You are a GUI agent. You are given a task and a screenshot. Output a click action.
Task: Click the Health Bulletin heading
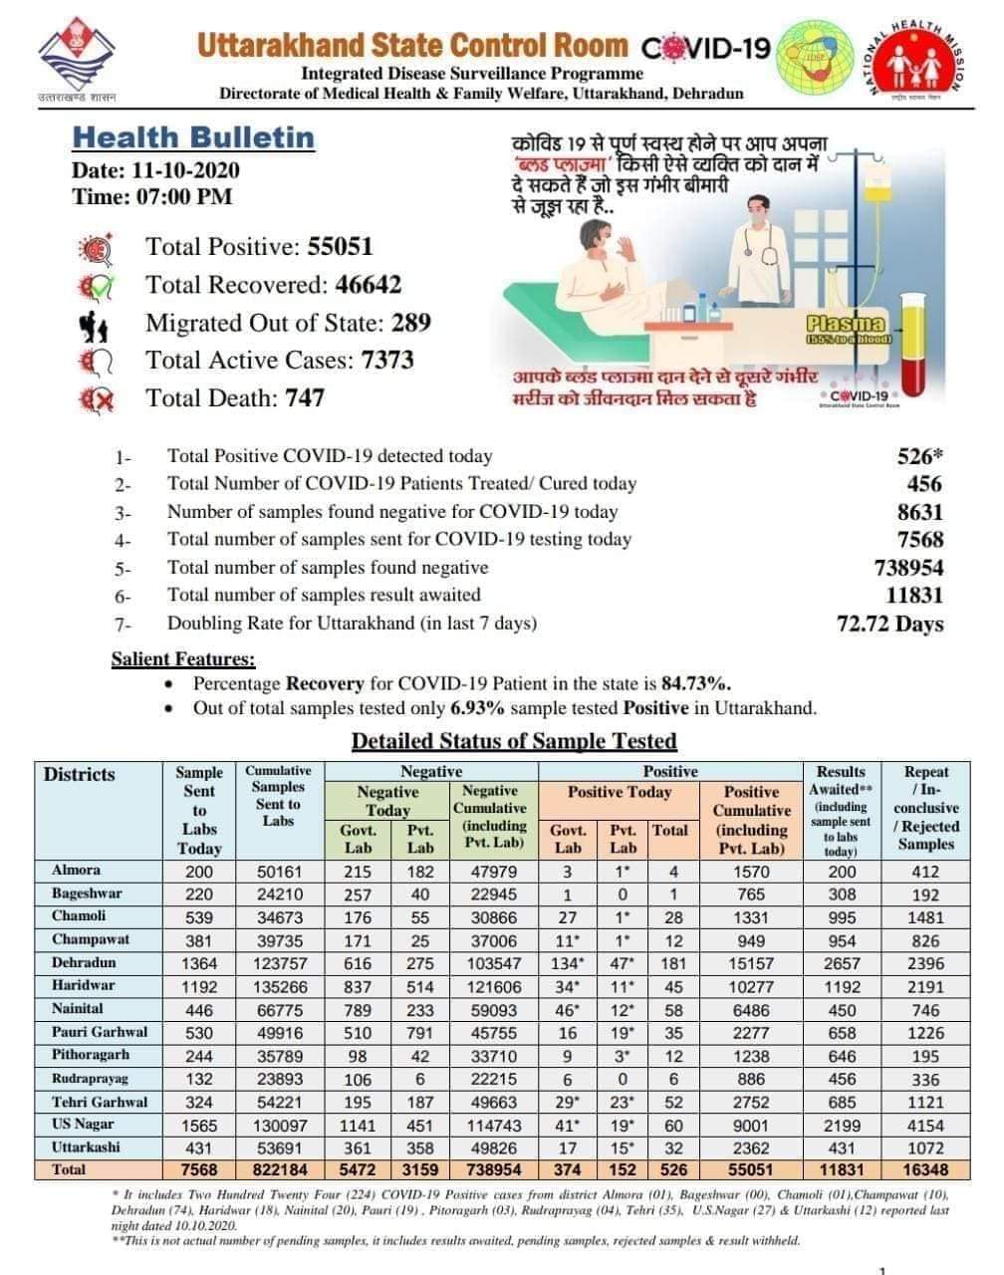[193, 137]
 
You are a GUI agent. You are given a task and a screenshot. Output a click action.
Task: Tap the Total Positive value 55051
[340, 247]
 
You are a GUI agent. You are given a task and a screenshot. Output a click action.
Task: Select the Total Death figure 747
[305, 397]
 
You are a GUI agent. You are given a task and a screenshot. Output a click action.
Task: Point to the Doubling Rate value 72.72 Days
[889, 625]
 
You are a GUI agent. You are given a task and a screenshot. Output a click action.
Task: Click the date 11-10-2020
[185, 169]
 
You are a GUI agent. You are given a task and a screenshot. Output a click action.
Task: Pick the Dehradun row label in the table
[84, 963]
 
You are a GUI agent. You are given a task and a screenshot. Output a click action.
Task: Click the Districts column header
[80, 774]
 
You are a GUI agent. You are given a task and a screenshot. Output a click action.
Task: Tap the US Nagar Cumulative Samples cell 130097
[278, 1125]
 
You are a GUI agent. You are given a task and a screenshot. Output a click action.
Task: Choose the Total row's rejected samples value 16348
[926, 1169]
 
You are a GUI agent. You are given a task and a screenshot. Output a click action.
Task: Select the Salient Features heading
[183, 659]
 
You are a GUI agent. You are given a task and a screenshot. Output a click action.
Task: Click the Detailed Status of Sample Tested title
[514, 741]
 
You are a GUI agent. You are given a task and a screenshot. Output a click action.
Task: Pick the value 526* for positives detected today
[919, 456]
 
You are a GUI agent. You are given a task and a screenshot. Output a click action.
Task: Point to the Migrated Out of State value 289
[411, 323]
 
